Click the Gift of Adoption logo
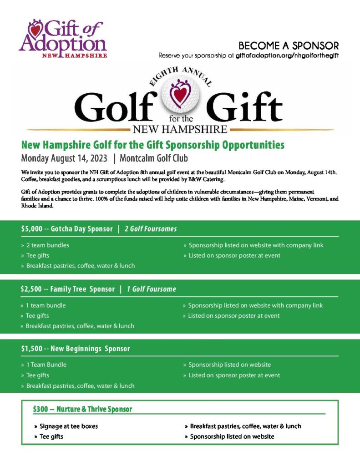click(63, 38)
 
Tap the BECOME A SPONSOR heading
click(289, 46)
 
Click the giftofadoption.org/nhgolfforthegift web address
click(287, 56)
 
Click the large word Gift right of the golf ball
click(244, 105)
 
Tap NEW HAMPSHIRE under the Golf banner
click(180, 129)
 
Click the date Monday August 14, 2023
click(64, 158)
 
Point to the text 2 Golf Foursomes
click(150, 228)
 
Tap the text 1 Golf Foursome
click(151, 289)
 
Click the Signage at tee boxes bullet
click(68, 426)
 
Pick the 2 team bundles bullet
click(47, 245)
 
